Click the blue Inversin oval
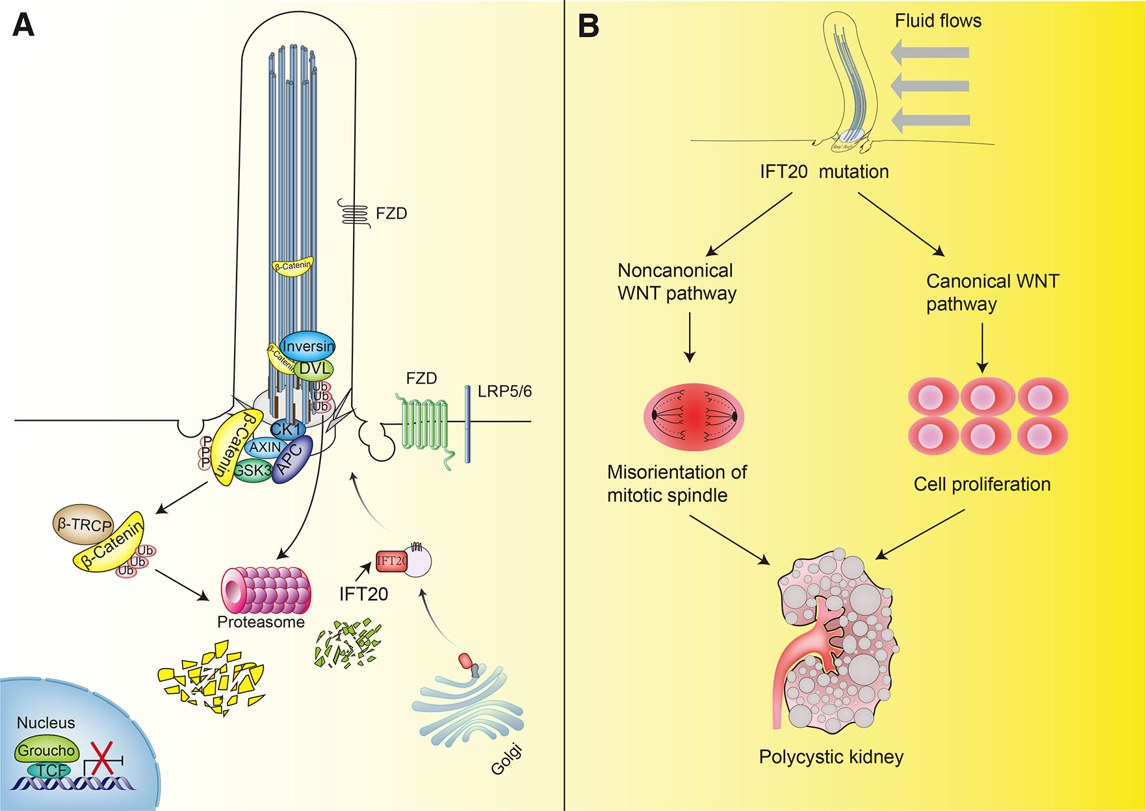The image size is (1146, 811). (307, 347)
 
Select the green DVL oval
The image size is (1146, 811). (314, 369)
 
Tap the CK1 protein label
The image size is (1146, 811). (286, 430)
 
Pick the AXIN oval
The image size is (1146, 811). (265, 447)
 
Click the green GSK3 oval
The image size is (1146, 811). (252, 470)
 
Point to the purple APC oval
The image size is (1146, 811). (293, 459)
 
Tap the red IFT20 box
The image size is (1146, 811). (392, 561)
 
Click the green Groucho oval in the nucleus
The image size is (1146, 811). (46, 751)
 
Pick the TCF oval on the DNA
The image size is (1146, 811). (51, 771)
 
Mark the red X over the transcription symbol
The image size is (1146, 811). (101, 758)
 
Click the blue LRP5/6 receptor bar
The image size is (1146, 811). (467, 424)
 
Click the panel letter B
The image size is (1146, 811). (588, 27)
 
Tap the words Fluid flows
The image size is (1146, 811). (937, 21)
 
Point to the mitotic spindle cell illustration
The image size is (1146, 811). (694, 417)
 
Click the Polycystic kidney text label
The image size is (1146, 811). (831, 757)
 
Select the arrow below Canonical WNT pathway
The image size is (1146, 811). (982, 347)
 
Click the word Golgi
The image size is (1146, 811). (506, 761)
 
